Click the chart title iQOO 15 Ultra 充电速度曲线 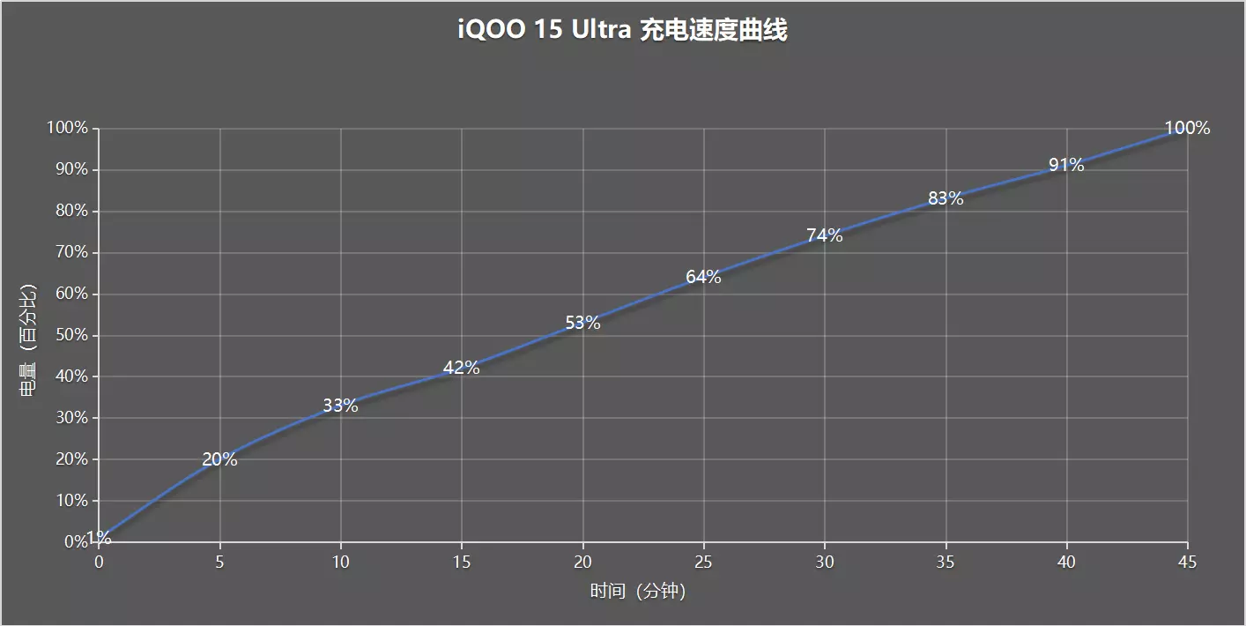(622, 31)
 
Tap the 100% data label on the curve (1187, 128)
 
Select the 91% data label (1066, 165)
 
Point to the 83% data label (946, 199)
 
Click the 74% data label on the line (825, 235)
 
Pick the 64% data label (703, 277)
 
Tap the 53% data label (582, 323)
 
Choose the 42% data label (462, 368)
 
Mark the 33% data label (340, 406)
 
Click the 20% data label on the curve (219, 459)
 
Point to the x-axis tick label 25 (703, 562)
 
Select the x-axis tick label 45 (1187, 562)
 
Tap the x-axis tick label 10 (340, 562)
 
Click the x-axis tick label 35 (946, 562)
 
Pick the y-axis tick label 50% (68, 335)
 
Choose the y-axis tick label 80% (68, 211)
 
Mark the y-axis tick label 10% (68, 501)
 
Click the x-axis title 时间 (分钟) (638, 591)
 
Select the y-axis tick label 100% (67, 128)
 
